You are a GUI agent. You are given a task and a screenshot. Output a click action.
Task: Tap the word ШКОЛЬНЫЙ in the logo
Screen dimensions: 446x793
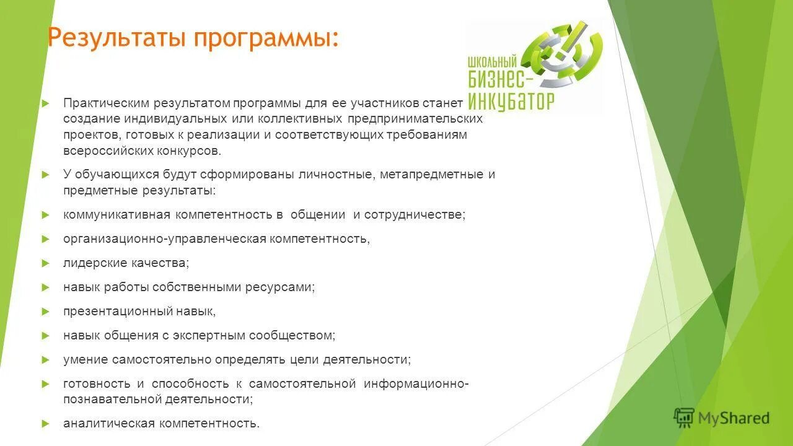(x=493, y=62)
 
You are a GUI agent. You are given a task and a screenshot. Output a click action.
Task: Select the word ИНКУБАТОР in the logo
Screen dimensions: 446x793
(x=512, y=101)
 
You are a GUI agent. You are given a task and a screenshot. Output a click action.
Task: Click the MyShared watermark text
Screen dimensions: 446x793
(x=734, y=418)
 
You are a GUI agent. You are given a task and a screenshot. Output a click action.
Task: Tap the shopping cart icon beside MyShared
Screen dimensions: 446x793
(x=684, y=418)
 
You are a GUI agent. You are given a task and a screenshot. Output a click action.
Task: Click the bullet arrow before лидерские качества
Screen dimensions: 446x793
(x=45, y=263)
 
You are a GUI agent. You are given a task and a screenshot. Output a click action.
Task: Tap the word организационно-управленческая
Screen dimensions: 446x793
(x=164, y=238)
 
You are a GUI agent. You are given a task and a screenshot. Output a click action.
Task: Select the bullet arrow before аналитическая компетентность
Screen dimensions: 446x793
(x=45, y=424)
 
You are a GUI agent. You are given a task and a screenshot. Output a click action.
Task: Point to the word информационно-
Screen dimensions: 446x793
(x=416, y=383)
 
